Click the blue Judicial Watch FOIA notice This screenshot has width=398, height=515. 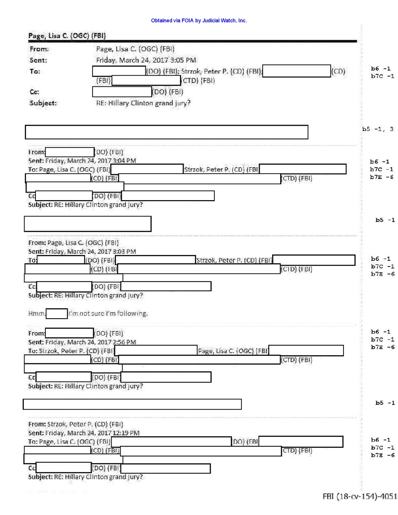(x=199, y=20)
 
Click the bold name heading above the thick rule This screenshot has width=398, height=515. (x=67, y=36)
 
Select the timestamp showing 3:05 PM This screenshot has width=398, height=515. (x=146, y=60)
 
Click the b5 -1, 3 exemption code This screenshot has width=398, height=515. (x=378, y=129)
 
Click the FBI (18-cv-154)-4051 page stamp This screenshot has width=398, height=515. (x=359, y=496)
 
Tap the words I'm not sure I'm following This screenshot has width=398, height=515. (x=108, y=313)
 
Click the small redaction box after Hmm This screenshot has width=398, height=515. (x=57, y=313)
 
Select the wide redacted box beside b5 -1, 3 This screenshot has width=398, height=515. (x=166, y=132)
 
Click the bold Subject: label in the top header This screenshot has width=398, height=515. (x=43, y=103)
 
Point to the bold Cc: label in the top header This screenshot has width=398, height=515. (x=34, y=92)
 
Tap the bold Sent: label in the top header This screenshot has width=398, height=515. (x=38, y=60)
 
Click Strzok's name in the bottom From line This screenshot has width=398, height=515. (x=85, y=424)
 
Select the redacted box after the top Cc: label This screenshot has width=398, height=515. (x=122, y=91)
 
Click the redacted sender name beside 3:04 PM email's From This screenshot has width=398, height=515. (x=70, y=152)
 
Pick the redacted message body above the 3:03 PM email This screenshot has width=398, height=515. (x=87, y=223)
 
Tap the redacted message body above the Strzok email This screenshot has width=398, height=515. (x=132, y=404)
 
